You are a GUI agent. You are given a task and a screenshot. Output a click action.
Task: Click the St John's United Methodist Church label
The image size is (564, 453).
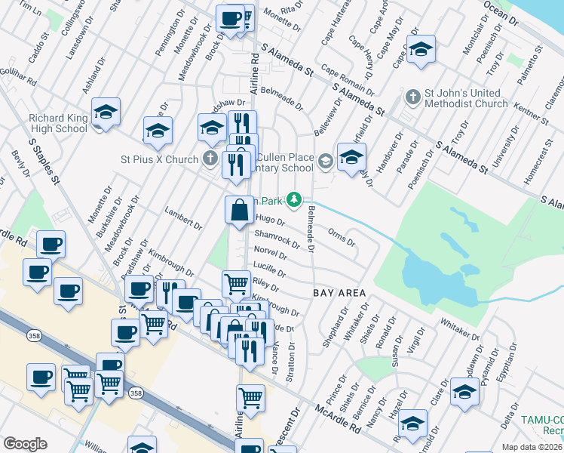pyautogui.click(x=465, y=98)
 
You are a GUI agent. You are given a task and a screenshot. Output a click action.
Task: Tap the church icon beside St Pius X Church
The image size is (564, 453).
pyautogui.click(x=210, y=159)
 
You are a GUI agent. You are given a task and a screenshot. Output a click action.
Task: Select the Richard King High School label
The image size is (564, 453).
pyautogui.click(x=58, y=123)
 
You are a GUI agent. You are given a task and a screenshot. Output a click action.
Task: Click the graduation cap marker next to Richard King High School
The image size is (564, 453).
pyautogui.click(x=106, y=113)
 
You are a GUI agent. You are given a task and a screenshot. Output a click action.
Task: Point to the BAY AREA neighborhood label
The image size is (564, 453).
pyautogui.click(x=339, y=293)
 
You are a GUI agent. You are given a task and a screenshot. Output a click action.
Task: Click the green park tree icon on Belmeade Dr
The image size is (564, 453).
pyautogui.click(x=298, y=200)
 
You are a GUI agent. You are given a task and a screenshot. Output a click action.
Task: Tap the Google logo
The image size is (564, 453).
pyautogui.click(x=25, y=444)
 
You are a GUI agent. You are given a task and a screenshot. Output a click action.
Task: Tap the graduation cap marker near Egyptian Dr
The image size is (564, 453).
pyautogui.click(x=464, y=393)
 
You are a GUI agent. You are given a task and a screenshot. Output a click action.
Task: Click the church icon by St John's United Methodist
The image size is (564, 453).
pyautogui.click(x=412, y=97)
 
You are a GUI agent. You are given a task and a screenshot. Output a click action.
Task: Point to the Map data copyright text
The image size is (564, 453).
pyautogui.click(x=532, y=446)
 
